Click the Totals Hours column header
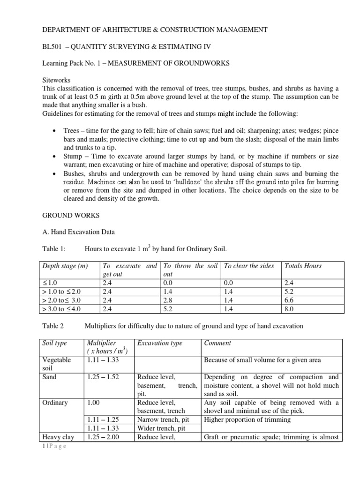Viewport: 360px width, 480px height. click(x=303, y=266)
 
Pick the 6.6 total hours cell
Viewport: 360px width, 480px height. click(x=289, y=300)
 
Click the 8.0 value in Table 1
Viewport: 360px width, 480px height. click(x=289, y=308)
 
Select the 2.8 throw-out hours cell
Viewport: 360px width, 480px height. click(x=167, y=300)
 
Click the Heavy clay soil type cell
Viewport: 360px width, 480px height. click(x=58, y=437)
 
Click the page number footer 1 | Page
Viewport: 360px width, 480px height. click(x=54, y=446)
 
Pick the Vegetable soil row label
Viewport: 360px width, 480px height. click(x=57, y=363)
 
